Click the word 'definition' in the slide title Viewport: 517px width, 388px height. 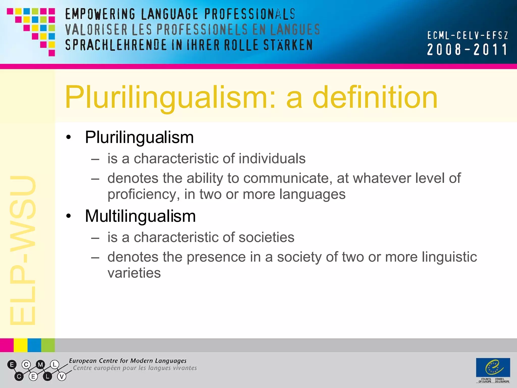[x=375, y=97]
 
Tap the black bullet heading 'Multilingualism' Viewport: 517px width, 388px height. [x=140, y=216]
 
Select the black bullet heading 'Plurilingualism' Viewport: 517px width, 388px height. [x=139, y=137]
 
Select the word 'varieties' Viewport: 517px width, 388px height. [x=134, y=273]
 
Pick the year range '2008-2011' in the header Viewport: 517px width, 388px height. [x=467, y=50]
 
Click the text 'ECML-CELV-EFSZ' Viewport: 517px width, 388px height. [x=467, y=36]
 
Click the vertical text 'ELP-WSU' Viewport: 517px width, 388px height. [x=23, y=250]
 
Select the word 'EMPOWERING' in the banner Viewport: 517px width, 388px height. [x=100, y=14]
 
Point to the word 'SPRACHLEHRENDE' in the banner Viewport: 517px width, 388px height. [x=116, y=45]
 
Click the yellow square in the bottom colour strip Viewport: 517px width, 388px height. [x=20, y=345]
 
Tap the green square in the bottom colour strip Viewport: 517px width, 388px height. [x=48, y=345]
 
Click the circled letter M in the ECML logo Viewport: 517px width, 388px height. [x=40, y=365]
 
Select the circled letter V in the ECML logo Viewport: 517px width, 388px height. [x=62, y=377]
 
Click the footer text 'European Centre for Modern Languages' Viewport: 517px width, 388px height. [x=128, y=361]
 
